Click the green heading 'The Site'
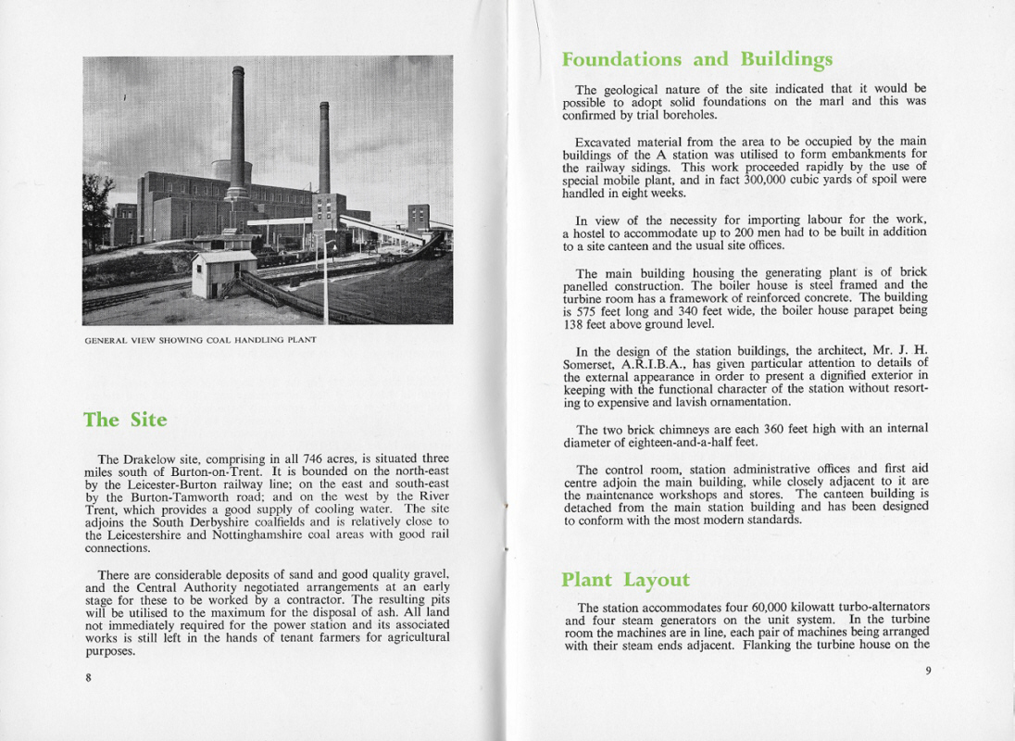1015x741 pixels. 125,420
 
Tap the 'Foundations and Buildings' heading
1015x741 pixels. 696,59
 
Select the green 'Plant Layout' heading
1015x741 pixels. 625,580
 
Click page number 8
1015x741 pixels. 88,678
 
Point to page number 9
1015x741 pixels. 927,671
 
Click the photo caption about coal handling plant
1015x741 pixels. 200,340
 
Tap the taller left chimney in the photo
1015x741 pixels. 238,130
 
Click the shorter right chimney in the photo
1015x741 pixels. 324,148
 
